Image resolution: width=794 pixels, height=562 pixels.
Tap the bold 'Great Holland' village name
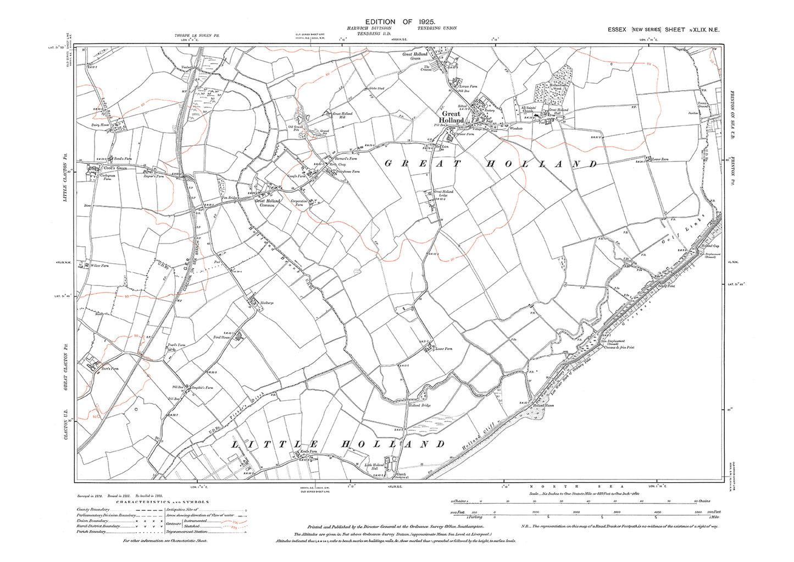click(451, 117)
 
